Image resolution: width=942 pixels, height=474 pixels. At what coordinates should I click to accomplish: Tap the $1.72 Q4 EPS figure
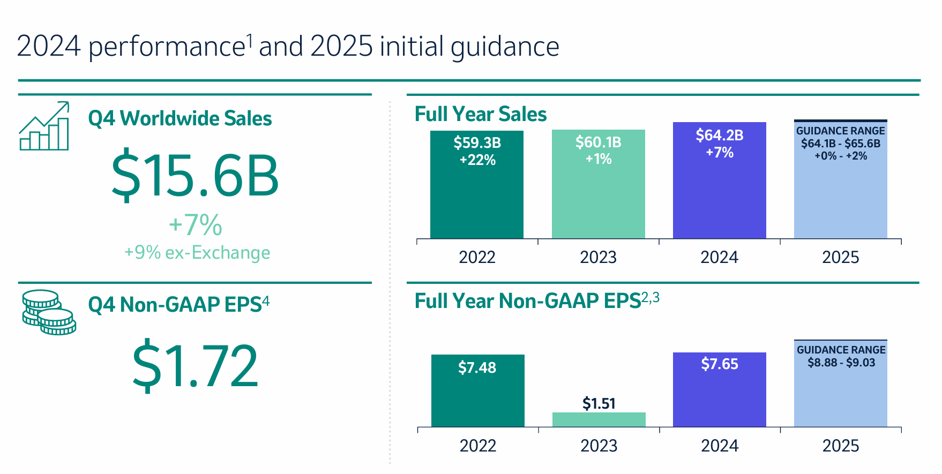click(195, 366)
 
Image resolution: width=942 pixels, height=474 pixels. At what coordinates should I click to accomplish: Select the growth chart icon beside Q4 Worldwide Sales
click(44, 126)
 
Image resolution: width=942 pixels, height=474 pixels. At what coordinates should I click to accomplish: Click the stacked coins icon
click(49, 312)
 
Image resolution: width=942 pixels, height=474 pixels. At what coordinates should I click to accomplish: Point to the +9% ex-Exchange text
click(197, 252)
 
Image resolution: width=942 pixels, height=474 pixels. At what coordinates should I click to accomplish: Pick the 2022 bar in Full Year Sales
click(477, 198)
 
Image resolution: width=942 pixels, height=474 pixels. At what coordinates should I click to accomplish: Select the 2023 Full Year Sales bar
click(598, 198)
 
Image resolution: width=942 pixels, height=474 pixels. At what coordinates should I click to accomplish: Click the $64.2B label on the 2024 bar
click(719, 136)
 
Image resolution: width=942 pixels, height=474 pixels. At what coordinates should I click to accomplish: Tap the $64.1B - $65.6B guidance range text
click(841, 144)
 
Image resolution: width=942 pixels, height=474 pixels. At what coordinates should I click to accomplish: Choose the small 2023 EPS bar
click(599, 419)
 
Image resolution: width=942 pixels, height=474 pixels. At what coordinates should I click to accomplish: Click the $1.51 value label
click(599, 403)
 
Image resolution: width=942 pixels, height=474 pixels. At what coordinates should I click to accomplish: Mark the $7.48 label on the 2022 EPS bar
click(477, 367)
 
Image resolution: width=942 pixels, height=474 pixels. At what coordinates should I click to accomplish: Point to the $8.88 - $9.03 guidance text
click(841, 363)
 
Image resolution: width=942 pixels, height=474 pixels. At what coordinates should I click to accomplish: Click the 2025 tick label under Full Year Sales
click(840, 258)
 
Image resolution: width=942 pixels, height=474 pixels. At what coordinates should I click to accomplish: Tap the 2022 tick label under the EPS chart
click(477, 446)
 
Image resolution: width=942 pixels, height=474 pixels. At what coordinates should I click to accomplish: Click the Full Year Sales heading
click(481, 114)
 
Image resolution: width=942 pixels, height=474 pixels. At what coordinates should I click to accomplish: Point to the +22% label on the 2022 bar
click(477, 160)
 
